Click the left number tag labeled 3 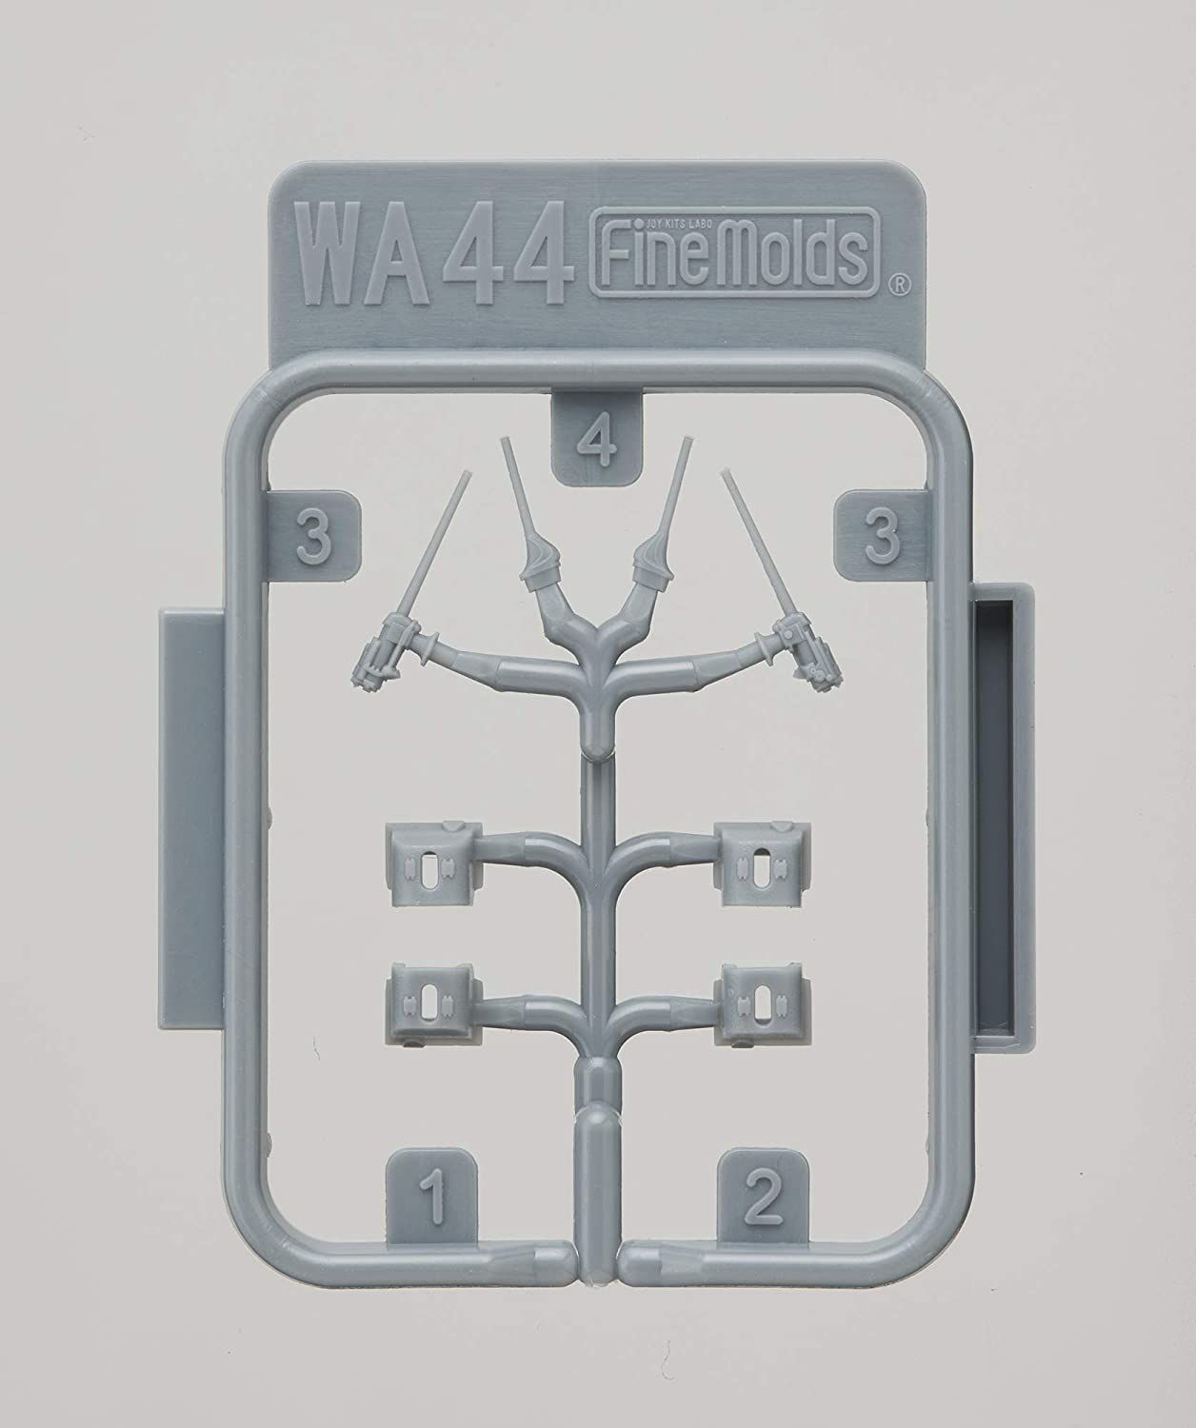click(314, 539)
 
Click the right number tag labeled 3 click(882, 539)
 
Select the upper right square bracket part click(764, 854)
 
